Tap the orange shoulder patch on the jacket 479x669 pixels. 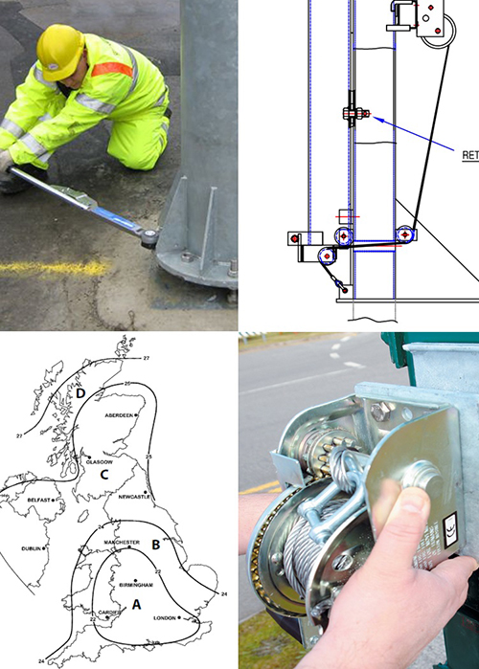[112, 69]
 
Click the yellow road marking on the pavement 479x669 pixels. [48, 268]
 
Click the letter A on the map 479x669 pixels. [135, 604]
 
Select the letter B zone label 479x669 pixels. [155, 545]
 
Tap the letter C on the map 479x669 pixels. [106, 471]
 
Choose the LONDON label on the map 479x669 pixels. [167, 618]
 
